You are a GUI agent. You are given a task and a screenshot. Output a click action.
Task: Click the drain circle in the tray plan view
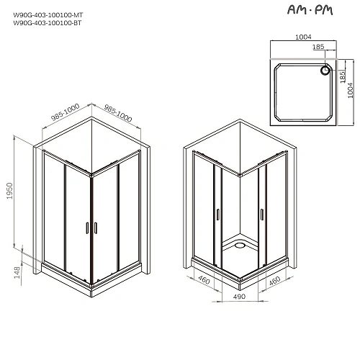325,71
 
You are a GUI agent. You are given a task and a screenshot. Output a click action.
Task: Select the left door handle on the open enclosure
216,214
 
